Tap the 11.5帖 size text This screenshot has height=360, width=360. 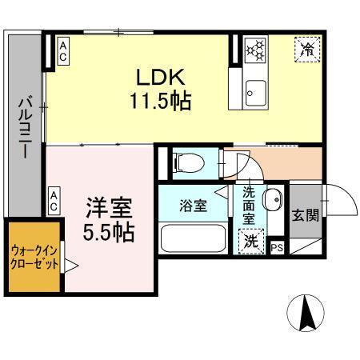point(159,102)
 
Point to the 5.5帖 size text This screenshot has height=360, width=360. point(110,233)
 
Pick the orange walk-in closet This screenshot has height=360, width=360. point(34,258)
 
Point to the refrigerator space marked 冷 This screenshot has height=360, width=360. point(308,50)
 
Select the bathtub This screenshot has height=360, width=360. point(193,238)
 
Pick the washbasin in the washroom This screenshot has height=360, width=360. point(272,198)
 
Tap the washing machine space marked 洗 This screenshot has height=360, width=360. point(251,238)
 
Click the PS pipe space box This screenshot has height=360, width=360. point(278,248)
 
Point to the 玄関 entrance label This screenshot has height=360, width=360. point(305,215)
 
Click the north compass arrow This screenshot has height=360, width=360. point(306,313)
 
